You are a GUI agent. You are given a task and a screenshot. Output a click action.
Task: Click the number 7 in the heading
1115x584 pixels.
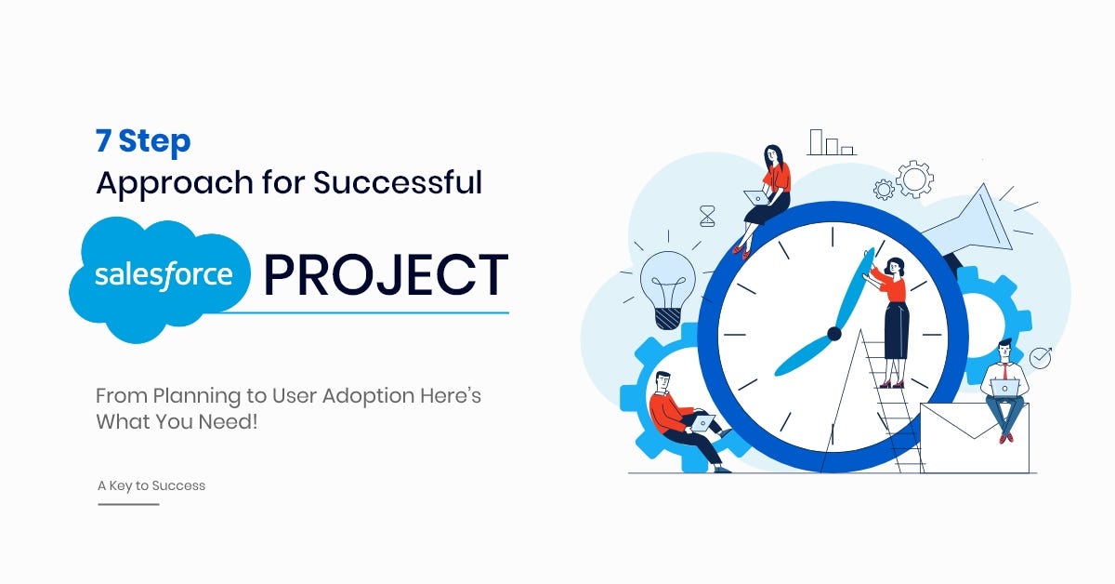pyautogui.click(x=103, y=140)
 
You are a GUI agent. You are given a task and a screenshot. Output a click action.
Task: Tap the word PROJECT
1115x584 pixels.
pyautogui.click(x=387, y=274)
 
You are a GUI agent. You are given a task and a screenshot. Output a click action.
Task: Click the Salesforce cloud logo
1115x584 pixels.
pyautogui.click(x=159, y=280)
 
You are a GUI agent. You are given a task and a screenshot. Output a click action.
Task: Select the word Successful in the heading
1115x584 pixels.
pyautogui.click(x=398, y=182)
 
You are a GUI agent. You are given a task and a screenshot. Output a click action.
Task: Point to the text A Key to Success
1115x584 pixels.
pyautogui.click(x=151, y=485)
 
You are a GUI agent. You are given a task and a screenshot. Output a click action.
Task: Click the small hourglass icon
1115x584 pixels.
pyautogui.click(x=707, y=217)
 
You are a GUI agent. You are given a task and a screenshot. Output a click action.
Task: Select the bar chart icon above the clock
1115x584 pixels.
pyautogui.click(x=832, y=142)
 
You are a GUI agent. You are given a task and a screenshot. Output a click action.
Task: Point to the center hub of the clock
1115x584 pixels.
pyautogui.click(x=834, y=333)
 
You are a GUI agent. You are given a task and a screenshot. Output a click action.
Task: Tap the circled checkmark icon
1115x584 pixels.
pyautogui.click(x=1040, y=358)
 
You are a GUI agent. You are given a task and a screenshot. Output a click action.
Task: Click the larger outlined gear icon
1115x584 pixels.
pyautogui.click(x=914, y=179)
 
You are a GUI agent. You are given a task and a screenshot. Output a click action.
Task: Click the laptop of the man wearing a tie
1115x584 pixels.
pyautogui.click(x=1005, y=388)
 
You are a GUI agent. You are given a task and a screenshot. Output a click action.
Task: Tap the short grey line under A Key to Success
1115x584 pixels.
pyautogui.click(x=128, y=504)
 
